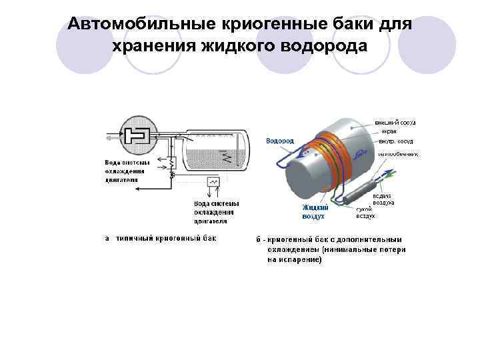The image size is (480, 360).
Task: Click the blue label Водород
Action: point(280,141)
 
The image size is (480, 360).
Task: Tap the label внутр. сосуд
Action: point(395,141)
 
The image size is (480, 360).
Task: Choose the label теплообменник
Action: point(398,153)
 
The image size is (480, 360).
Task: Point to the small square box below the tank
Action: point(214,182)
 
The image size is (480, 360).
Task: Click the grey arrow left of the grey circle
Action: point(109,139)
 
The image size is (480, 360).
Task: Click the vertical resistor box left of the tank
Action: point(171,162)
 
